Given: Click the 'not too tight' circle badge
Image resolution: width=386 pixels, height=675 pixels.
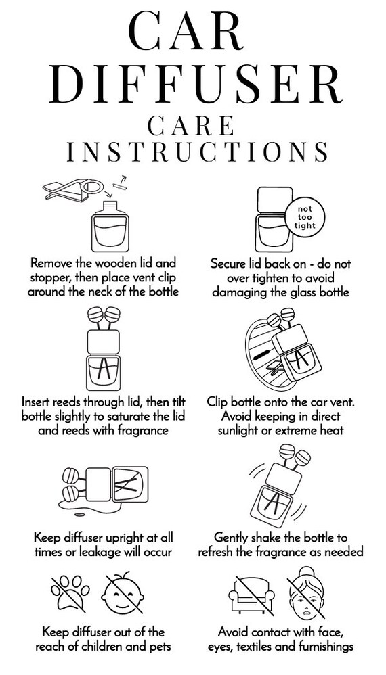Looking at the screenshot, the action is point(305,216).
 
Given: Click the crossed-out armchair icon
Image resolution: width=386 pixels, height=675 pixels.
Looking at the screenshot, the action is point(252,594).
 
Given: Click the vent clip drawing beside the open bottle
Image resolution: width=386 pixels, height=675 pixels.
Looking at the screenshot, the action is point(73,190).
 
